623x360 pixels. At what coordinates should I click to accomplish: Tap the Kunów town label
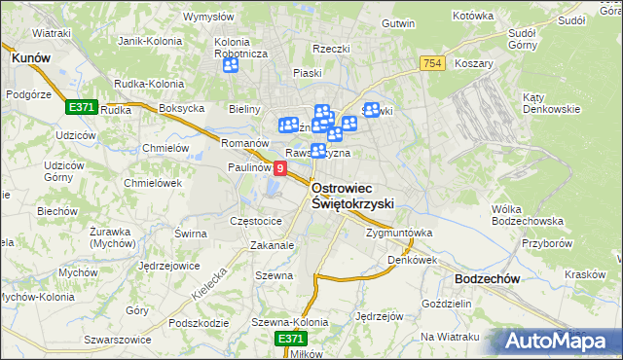click(x=30, y=58)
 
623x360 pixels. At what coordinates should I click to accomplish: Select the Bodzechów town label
click(x=486, y=278)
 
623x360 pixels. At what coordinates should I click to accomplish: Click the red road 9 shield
click(x=280, y=169)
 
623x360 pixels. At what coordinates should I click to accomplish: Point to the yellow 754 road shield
click(x=433, y=63)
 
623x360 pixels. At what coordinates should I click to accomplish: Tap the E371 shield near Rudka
click(x=81, y=107)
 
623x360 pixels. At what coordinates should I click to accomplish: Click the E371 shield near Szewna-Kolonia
click(x=290, y=338)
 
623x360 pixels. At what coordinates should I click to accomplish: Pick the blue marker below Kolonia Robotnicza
click(x=231, y=66)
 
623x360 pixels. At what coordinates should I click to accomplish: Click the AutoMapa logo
click(x=556, y=341)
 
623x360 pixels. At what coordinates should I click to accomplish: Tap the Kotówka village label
click(x=474, y=17)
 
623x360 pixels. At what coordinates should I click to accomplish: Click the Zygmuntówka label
click(x=398, y=234)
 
